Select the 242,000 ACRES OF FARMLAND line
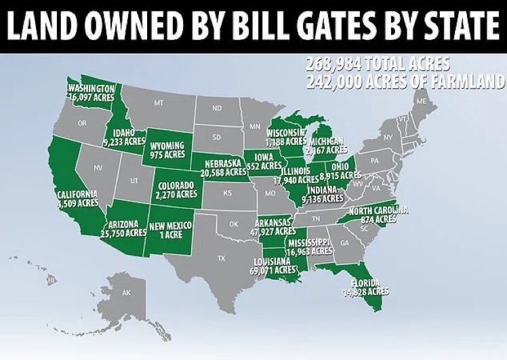[405, 81]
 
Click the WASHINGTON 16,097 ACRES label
[91, 93]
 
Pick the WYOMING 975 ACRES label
[167, 150]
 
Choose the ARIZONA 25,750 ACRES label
[126, 228]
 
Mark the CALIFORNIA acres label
[77, 197]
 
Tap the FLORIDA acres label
[369, 287]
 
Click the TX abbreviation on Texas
[220, 258]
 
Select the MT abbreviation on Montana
[159, 104]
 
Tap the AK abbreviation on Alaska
[125, 293]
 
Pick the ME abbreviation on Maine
[422, 101]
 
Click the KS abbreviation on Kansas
[228, 193]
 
